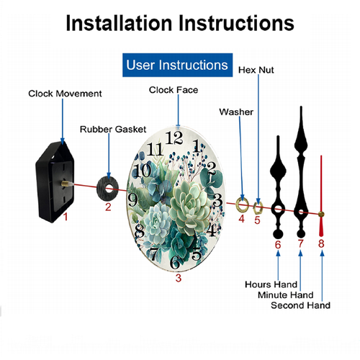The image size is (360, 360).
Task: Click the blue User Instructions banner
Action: click(x=177, y=65)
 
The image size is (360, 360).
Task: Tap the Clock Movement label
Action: click(x=65, y=94)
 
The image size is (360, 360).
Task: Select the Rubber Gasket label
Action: click(x=113, y=129)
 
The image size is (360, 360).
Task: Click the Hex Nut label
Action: click(x=256, y=70)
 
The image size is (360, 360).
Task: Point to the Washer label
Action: click(x=236, y=112)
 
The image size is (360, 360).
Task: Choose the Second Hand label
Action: click(x=301, y=305)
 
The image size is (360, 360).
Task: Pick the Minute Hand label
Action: click(x=286, y=294)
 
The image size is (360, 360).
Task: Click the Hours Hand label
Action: click(x=271, y=284)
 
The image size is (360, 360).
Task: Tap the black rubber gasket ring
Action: click(x=102, y=188)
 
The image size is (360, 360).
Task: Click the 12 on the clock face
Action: click(x=174, y=138)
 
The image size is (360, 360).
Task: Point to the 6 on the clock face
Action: click(x=175, y=262)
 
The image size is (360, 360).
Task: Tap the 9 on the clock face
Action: click(x=132, y=199)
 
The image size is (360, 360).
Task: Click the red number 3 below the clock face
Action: click(x=179, y=278)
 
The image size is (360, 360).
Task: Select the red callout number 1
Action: click(x=66, y=217)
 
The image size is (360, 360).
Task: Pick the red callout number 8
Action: click(x=321, y=243)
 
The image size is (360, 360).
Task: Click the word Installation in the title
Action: click(x=119, y=23)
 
